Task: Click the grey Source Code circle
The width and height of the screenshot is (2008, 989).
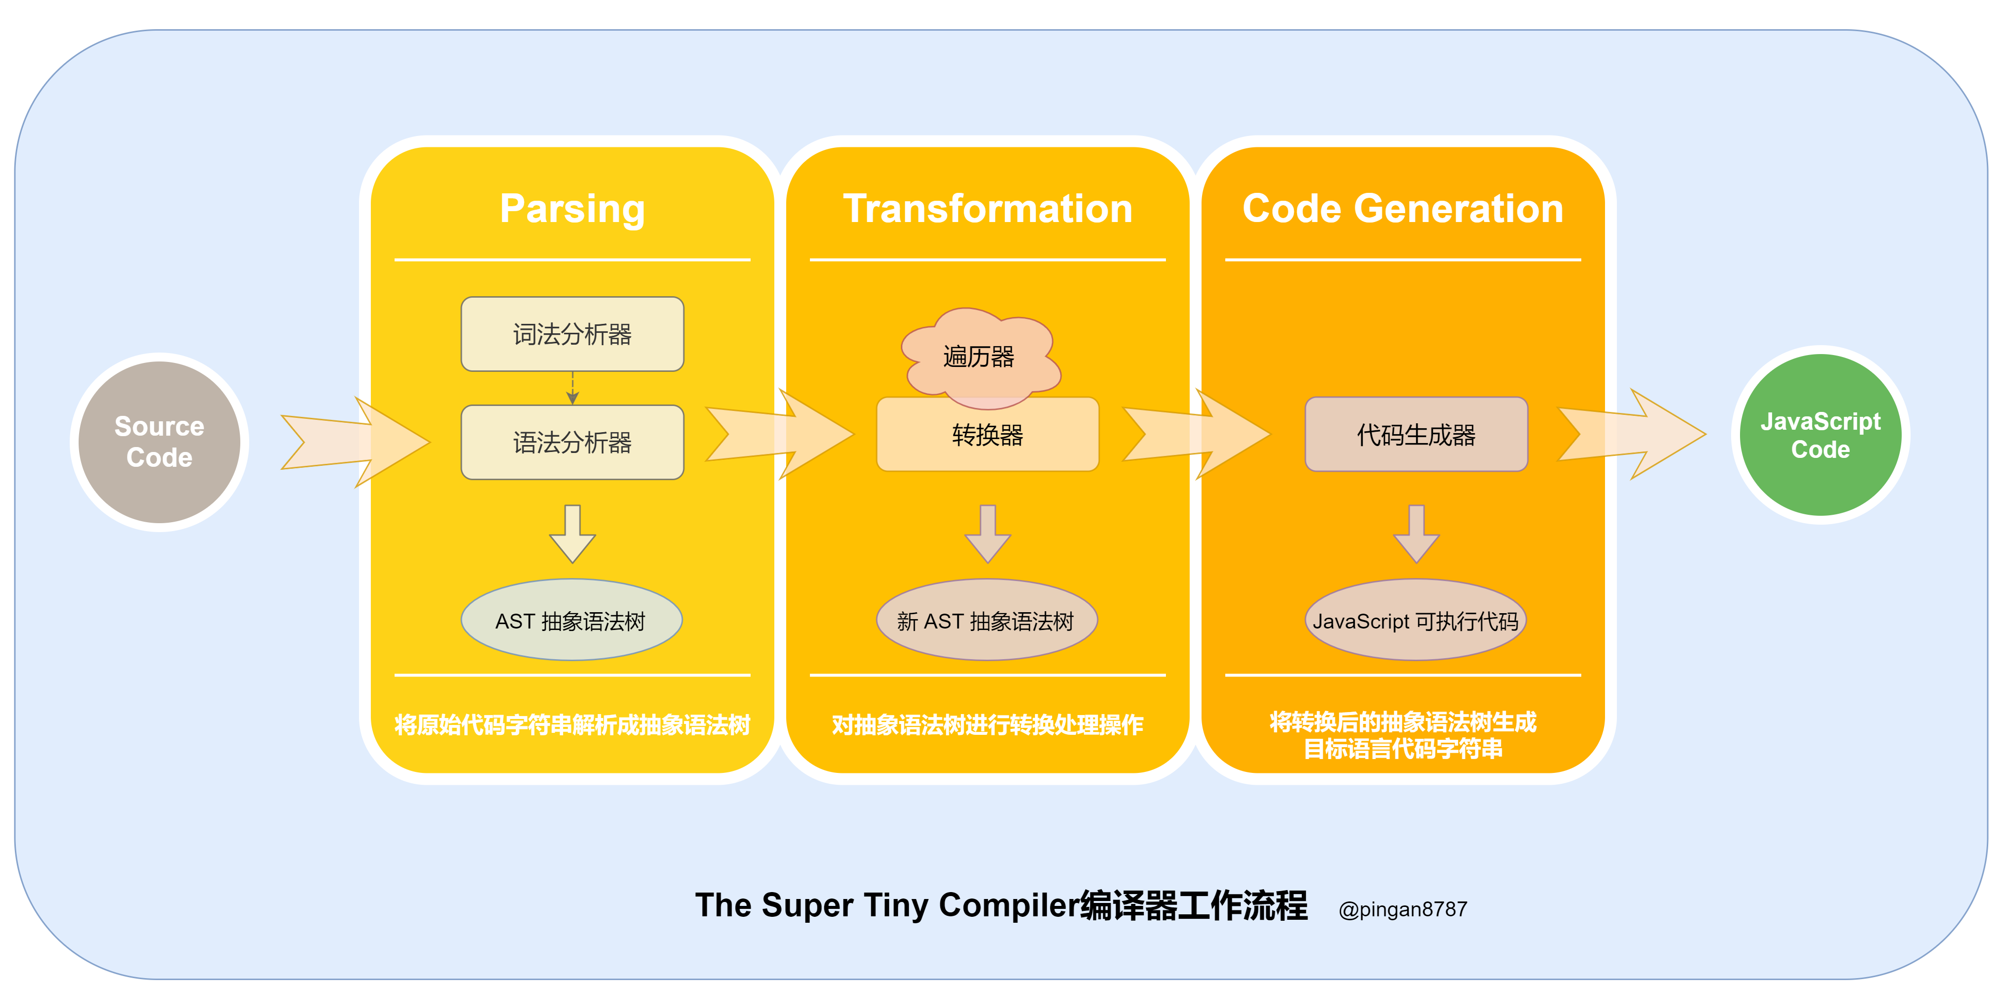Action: click(x=159, y=442)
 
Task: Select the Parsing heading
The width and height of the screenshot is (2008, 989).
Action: click(x=572, y=209)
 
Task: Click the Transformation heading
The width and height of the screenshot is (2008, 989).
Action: click(x=987, y=209)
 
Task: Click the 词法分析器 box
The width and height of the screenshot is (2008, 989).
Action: click(x=572, y=334)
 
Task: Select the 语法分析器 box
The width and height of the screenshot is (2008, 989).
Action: click(x=572, y=442)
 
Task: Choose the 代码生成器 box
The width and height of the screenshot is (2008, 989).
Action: click(x=1416, y=435)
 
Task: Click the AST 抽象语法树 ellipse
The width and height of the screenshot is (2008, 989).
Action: click(x=572, y=621)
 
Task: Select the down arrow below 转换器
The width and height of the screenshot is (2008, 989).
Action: click(x=987, y=535)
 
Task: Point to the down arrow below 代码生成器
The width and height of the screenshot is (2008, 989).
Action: click(x=1416, y=535)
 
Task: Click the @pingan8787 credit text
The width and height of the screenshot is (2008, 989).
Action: click(x=1402, y=909)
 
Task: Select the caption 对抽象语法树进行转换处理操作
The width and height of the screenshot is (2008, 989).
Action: click(x=987, y=725)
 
